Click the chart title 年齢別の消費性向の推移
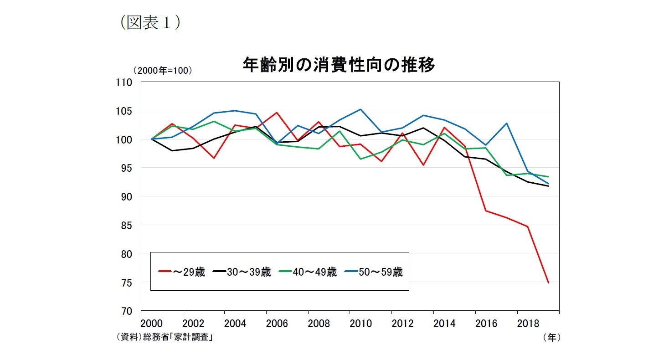(x=339, y=65)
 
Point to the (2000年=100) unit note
(x=162, y=71)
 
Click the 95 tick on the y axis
(x=127, y=168)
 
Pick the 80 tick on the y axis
(x=127, y=254)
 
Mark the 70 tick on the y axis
(x=127, y=311)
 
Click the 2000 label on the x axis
(x=151, y=324)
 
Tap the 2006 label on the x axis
(x=277, y=324)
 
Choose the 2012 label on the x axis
(x=402, y=324)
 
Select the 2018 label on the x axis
(x=528, y=324)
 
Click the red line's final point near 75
(x=548, y=283)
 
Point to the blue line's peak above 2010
(x=360, y=109)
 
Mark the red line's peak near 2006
(x=277, y=113)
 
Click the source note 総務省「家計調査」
(x=178, y=338)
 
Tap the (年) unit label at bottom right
(x=551, y=338)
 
